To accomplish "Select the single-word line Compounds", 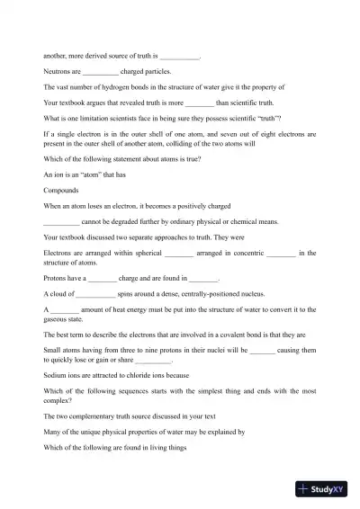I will (61, 191).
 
